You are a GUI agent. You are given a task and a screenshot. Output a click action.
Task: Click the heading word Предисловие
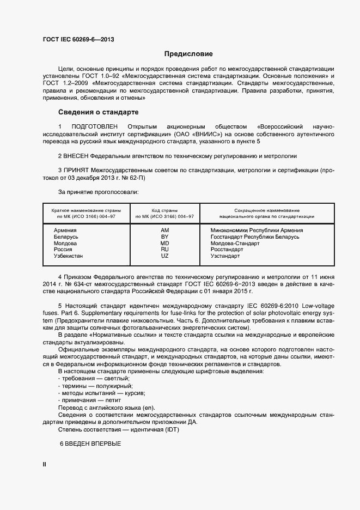(x=188, y=54)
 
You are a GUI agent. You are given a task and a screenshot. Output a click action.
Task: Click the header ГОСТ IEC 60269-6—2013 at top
(x=78, y=39)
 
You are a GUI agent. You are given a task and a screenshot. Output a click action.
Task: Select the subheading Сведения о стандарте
(x=99, y=112)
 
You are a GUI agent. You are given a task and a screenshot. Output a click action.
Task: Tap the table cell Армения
(x=65, y=230)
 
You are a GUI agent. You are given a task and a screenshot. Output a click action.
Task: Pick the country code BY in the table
(x=165, y=237)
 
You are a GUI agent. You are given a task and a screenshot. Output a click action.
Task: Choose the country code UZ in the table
(x=165, y=256)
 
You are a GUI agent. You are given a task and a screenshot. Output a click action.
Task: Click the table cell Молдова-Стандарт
(x=235, y=243)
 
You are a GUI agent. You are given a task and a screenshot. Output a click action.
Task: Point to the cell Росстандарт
(x=227, y=250)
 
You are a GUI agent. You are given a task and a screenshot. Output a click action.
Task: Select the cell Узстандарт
(x=225, y=256)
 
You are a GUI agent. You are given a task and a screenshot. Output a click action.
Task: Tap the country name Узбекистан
(x=69, y=256)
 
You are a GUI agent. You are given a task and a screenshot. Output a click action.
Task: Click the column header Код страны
(x=165, y=210)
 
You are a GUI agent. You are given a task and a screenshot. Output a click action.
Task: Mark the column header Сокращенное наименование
(x=267, y=210)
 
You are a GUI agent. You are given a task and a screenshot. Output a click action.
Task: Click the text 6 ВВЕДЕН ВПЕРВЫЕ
(x=90, y=444)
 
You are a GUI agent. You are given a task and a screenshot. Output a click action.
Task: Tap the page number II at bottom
(x=45, y=464)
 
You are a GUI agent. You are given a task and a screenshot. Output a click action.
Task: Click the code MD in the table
(x=165, y=243)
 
